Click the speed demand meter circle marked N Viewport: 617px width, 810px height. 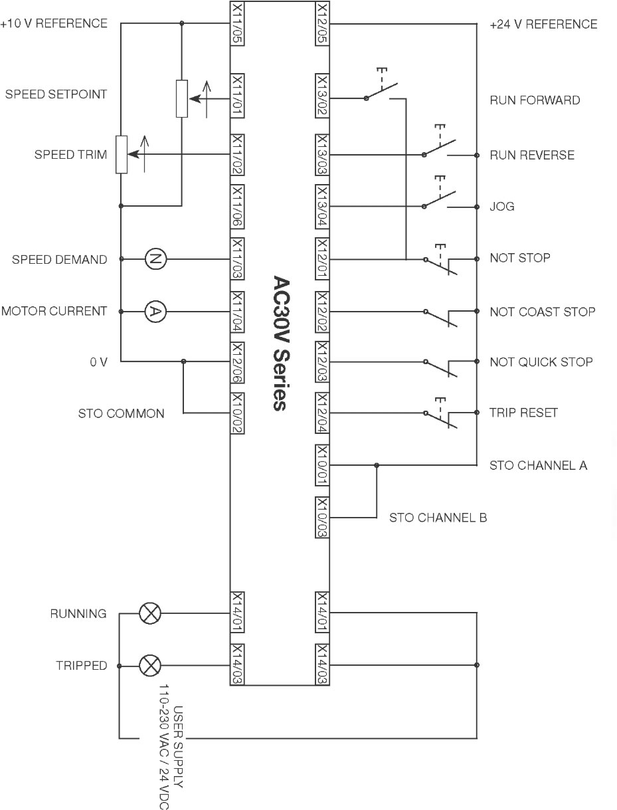click(155, 258)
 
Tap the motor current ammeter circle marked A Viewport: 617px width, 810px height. click(155, 312)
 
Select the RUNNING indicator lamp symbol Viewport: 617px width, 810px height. click(150, 613)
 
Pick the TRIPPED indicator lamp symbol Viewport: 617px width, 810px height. click(150, 666)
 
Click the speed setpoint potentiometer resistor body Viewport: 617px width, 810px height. click(182, 98)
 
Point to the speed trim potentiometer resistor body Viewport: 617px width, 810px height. click(122, 154)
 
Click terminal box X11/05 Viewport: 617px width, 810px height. click(237, 24)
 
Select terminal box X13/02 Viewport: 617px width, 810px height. click(322, 96)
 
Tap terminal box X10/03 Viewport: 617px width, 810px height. click(322, 518)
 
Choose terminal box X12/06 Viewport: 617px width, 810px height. click(237, 363)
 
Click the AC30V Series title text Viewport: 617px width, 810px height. click(282, 343)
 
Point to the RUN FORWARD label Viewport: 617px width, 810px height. click(535, 100)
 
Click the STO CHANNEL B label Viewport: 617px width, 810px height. click(438, 518)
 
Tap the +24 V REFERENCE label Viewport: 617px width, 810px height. click(543, 25)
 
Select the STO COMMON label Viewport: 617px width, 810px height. click(122, 413)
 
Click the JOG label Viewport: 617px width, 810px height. click(502, 206)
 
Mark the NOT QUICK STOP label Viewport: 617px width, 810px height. click(541, 362)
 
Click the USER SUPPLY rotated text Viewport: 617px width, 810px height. click(178, 748)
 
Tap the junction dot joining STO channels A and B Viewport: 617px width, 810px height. click(377, 465)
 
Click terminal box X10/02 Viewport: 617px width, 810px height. click(237, 413)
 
